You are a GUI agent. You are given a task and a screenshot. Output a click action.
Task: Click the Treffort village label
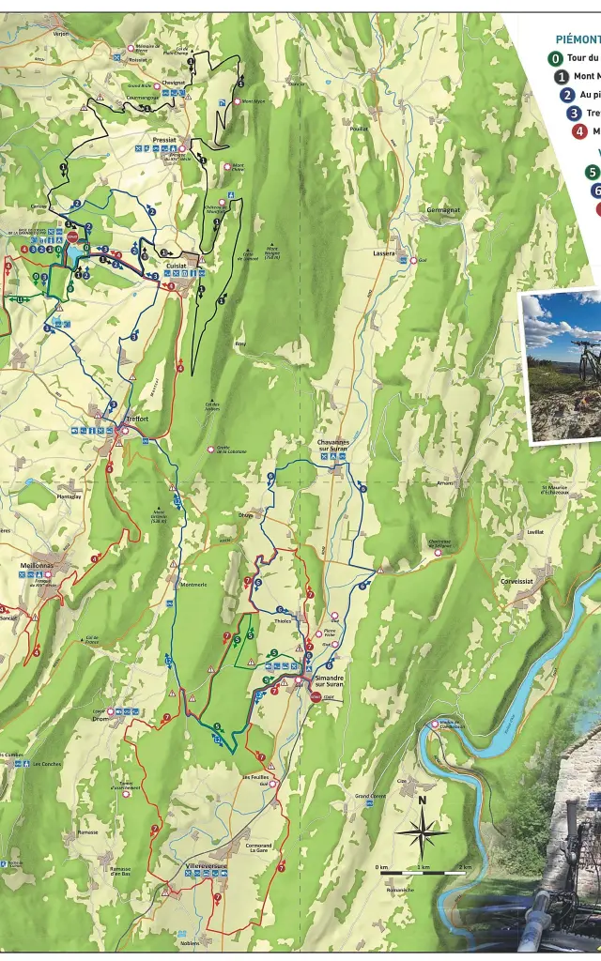tap(136, 419)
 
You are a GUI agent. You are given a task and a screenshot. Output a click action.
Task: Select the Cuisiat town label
tap(176, 266)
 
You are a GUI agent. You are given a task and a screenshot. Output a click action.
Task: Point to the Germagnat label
tap(443, 210)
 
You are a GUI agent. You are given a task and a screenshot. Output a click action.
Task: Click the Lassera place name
tap(384, 253)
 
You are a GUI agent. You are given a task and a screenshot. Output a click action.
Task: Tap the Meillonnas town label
tap(38, 566)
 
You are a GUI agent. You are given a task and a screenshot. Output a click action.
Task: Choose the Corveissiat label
tap(517, 581)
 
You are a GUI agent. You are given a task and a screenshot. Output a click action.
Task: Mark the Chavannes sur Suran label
tap(333, 445)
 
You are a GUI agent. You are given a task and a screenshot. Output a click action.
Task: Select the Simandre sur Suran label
tap(329, 680)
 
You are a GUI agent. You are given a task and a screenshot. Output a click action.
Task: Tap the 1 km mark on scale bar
tap(424, 866)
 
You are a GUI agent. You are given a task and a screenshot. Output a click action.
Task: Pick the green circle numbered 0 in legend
tap(557, 58)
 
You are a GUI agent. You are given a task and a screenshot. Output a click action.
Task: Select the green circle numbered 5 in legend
tap(593, 172)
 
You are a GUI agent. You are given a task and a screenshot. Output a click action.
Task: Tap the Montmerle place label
tap(193, 585)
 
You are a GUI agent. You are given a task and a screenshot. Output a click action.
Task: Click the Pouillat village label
tap(359, 130)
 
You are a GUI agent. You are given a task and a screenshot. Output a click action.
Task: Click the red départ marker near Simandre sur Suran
tap(316, 696)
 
